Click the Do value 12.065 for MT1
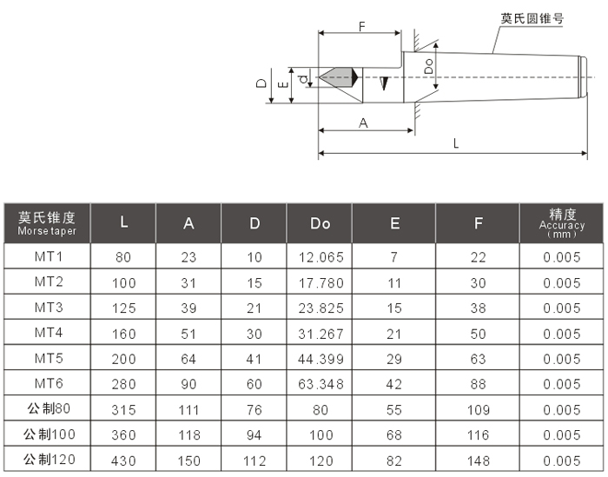(x=321, y=257)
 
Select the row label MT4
(x=49, y=334)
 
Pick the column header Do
(x=321, y=223)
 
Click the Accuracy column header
(x=562, y=223)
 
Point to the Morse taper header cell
(x=48, y=223)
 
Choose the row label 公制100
(x=49, y=435)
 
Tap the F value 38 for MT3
(x=479, y=308)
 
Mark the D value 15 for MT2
(x=254, y=283)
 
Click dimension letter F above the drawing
(x=361, y=26)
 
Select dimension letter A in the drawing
(x=364, y=123)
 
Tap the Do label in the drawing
(x=428, y=65)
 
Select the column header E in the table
(x=394, y=223)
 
